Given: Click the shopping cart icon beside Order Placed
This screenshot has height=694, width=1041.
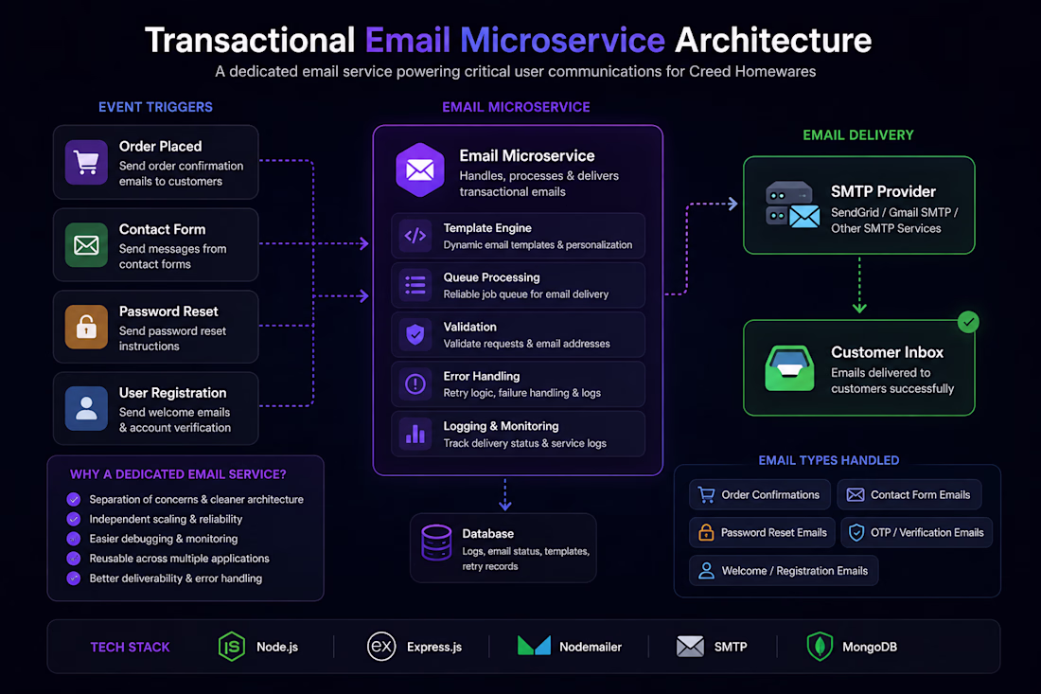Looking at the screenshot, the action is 86,162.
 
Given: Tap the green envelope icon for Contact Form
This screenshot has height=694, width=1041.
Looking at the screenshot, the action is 86,245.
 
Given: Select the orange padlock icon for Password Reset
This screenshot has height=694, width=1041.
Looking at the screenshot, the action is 86,327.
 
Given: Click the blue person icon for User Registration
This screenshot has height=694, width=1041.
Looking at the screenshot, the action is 86,408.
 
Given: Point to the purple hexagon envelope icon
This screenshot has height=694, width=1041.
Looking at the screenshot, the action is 419,170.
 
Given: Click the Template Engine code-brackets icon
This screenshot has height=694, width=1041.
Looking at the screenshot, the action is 415,236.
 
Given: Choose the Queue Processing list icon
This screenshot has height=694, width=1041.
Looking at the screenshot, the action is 415,286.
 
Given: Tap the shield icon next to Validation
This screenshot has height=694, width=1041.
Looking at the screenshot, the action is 415,335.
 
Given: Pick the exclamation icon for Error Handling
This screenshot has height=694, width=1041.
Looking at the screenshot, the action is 415,383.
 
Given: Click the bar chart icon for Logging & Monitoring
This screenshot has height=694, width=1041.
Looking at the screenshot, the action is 415,434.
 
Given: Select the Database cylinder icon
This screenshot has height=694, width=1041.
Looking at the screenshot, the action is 437,543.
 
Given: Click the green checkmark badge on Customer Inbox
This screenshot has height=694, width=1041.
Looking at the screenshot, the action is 969,322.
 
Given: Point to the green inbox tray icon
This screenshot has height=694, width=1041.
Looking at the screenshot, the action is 789,368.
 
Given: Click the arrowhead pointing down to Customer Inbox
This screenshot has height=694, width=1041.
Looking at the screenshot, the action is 859,308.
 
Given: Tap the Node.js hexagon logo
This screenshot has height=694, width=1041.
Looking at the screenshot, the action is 232,646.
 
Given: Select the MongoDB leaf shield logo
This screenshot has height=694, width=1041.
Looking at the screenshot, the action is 820,646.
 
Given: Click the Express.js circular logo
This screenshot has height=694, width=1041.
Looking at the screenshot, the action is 381,646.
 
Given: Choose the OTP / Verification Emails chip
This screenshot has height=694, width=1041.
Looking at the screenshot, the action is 916,533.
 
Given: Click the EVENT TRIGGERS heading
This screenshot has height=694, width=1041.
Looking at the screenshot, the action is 155,107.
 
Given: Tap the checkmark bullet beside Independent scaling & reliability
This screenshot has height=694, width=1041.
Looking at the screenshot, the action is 74,519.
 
